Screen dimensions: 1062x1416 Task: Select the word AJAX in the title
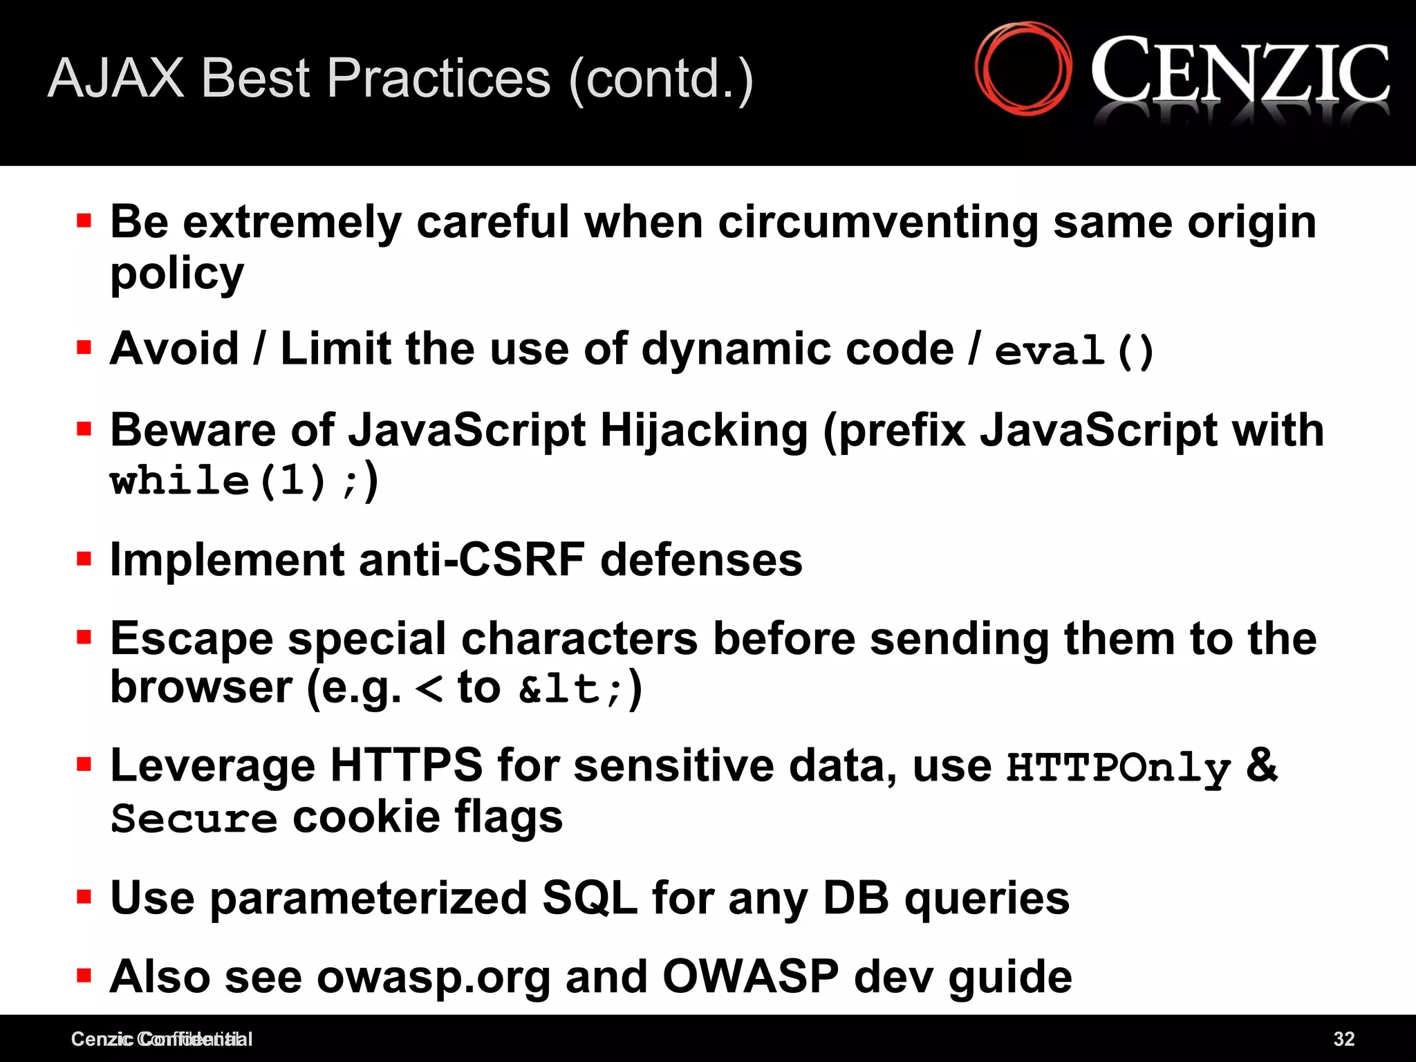[116, 78]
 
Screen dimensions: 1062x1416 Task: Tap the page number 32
[1343, 1038]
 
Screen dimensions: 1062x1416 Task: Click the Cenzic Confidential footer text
[161, 1038]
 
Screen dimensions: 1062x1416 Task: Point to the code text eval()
[1074, 351]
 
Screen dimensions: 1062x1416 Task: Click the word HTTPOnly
[1118, 767]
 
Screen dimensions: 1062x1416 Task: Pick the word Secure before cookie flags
[194, 819]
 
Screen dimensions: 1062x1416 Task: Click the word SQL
[589, 898]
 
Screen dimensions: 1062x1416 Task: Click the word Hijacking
[704, 431]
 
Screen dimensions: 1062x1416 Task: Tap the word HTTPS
[406, 765]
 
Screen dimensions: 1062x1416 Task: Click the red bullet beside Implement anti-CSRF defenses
[84, 558]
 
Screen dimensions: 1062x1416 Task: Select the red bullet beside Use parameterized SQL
[84, 897]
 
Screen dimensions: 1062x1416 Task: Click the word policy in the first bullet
[177, 274]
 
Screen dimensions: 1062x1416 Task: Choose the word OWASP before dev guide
[750, 977]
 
